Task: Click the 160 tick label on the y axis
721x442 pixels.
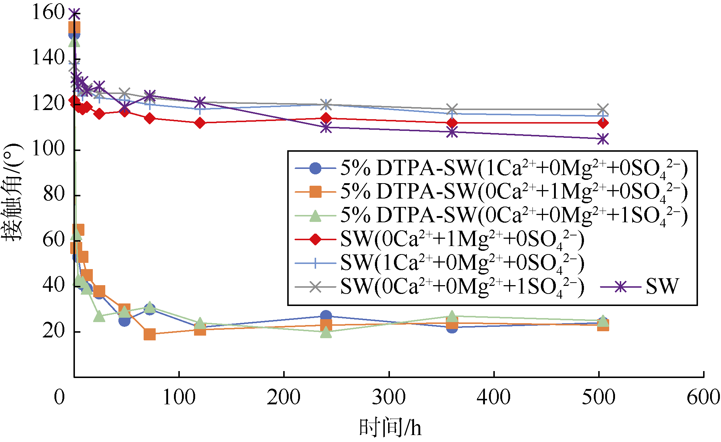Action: click(48, 12)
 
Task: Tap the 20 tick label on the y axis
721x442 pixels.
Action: click(53, 331)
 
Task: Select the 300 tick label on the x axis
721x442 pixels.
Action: click(388, 397)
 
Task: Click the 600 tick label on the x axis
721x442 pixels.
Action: click(703, 397)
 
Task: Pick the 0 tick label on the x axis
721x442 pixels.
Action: click(59, 397)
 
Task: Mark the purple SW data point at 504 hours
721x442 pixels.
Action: click(603, 139)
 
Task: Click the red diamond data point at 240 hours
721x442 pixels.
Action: click(326, 118)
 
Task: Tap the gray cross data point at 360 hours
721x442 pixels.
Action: click(452, 109)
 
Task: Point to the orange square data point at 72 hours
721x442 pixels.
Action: click(149, 334)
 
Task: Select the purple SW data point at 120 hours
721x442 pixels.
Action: click(200, 102)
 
